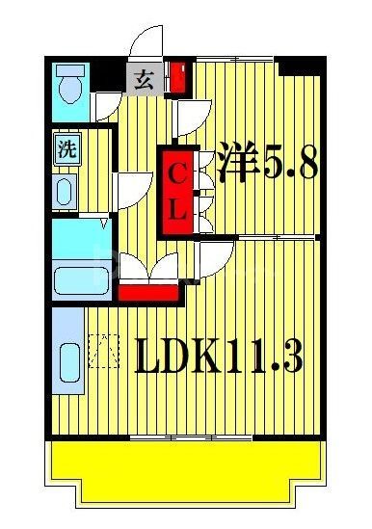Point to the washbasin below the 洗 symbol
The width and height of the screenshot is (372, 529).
pyautogui.click(x=65, y=190)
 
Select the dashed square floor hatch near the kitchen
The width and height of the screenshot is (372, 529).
pyautogui.click(x=103, y=351)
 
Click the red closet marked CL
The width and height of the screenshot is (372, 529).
pyautogui.click(x=177, y=190)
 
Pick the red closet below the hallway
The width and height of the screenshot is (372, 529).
pyautogui.click(x=148, y=290)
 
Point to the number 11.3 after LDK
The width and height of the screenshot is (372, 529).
pyautogui.click(x=269, y=357)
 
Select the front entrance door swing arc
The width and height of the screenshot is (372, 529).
pyautogui.click(x=148, y=43)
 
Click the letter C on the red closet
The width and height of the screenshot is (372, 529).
pyautogui.click(x=177, y=175)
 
